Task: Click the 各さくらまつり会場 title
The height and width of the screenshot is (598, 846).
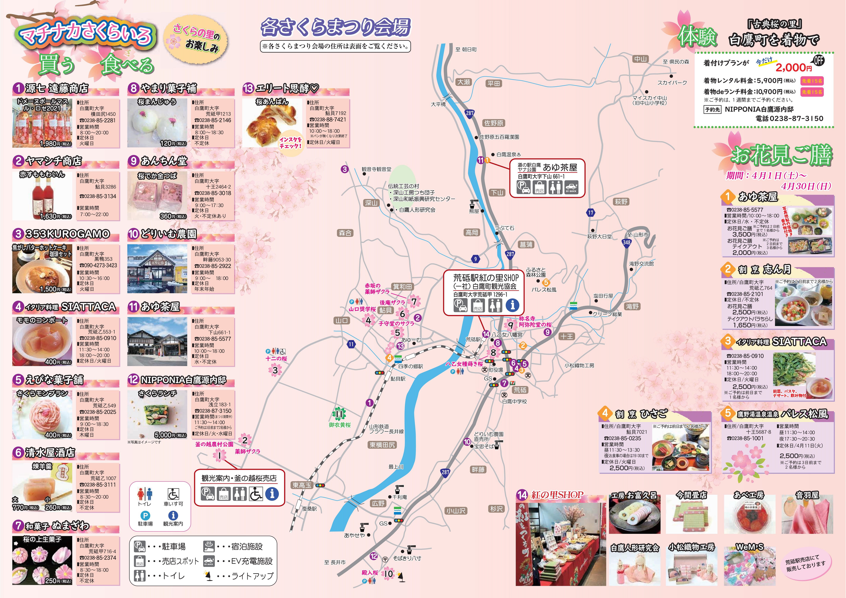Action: coord(335,27)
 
